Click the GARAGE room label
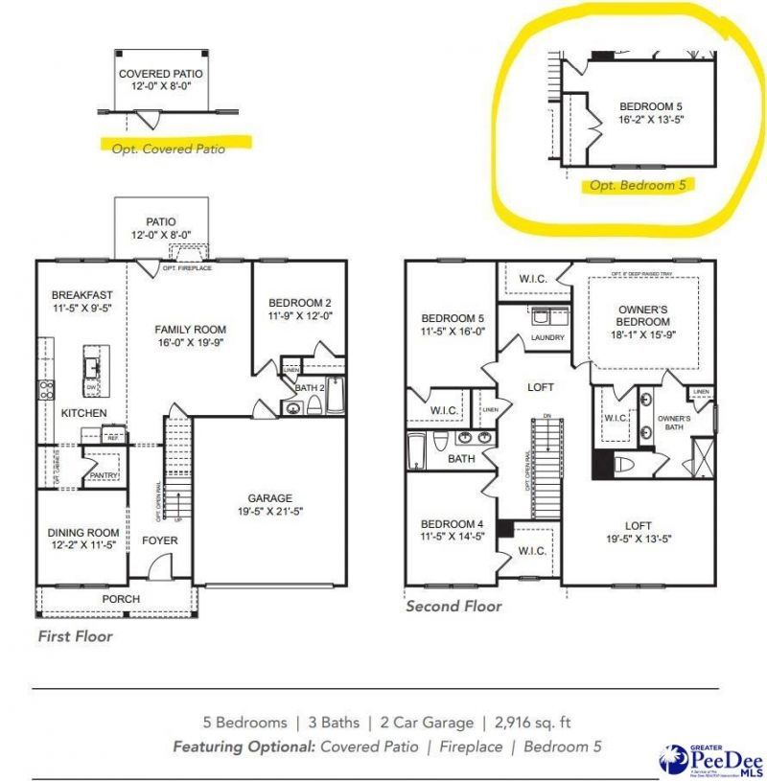(x=269, y=497)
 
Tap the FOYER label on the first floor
(x=160, y=540)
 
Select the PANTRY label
(x=101, y=473)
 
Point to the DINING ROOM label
(x=83, y=533)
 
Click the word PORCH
(x=122, y=599)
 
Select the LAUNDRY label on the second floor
(x=547, y=337)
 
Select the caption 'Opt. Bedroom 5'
(x=638, y=186)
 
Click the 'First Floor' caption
(x=75, y=635)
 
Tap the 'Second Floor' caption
(x=453, y=606)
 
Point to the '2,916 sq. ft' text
(x=530, y=723)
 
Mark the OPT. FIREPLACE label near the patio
(x=187, y=267)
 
